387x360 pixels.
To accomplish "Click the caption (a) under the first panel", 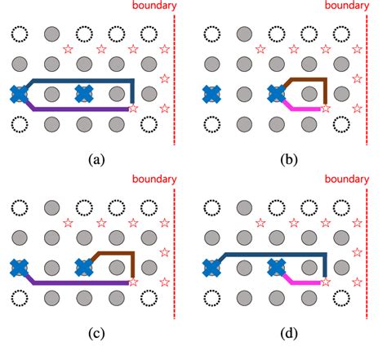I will click(x=97, y=159).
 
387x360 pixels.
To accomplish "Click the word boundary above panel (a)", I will click(x=153, y=6).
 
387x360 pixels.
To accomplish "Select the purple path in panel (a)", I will click(x=82, y=109).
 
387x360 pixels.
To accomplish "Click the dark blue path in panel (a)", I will click(x=82, y=80).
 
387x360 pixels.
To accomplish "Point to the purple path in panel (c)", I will click(x=82, y=283).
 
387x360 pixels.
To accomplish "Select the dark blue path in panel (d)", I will click(x=269, y=254).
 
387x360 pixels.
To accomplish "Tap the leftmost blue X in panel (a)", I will click(x=19, y=94).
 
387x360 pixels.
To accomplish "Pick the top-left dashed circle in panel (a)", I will click(x=19, y=34).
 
